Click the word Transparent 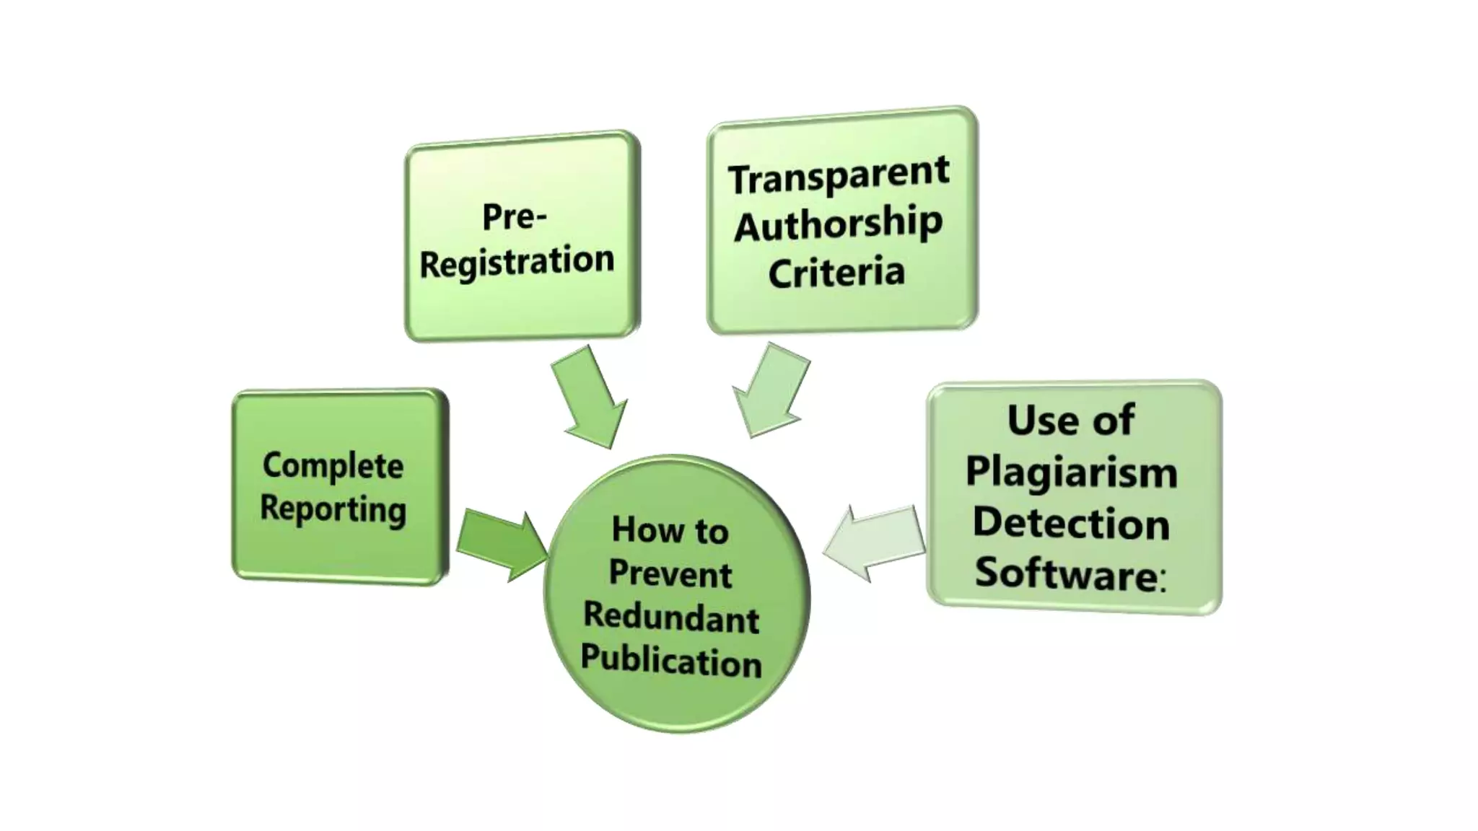tap(838, 175)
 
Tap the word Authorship tap(838, 224)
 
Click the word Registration tap(517, 261)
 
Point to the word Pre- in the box tap(514, 216)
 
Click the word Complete tap(333, 465)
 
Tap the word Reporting tap(333, 509)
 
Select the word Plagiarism tap(1071, 472)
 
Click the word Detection tap(1071, 523)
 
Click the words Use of tap(1071, 420)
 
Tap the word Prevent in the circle tap(670, 574)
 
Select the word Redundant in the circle tap(671, 617)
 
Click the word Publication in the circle tap(671, 661)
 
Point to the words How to tap(670, 531)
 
